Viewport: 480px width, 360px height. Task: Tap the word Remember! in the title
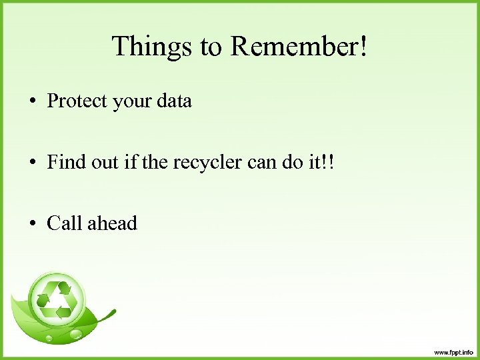[x=299, y=47]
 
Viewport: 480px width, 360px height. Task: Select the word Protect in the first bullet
[x=77, y=101]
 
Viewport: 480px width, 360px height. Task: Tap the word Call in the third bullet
[x=64, y=223]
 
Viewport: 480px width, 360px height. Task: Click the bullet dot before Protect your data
[x=32, y=102]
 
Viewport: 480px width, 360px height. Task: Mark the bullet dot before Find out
[x=32, y=163]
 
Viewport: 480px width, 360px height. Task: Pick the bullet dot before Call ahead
[x=32, y=223]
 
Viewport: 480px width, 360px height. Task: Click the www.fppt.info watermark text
[x=453, y=351]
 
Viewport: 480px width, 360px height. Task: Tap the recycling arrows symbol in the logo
[x=57, y=299]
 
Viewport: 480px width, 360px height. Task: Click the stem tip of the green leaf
[x=115, y=311]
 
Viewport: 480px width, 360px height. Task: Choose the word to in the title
[x=212, y=47]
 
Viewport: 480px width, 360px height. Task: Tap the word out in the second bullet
[x=105, y=162]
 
